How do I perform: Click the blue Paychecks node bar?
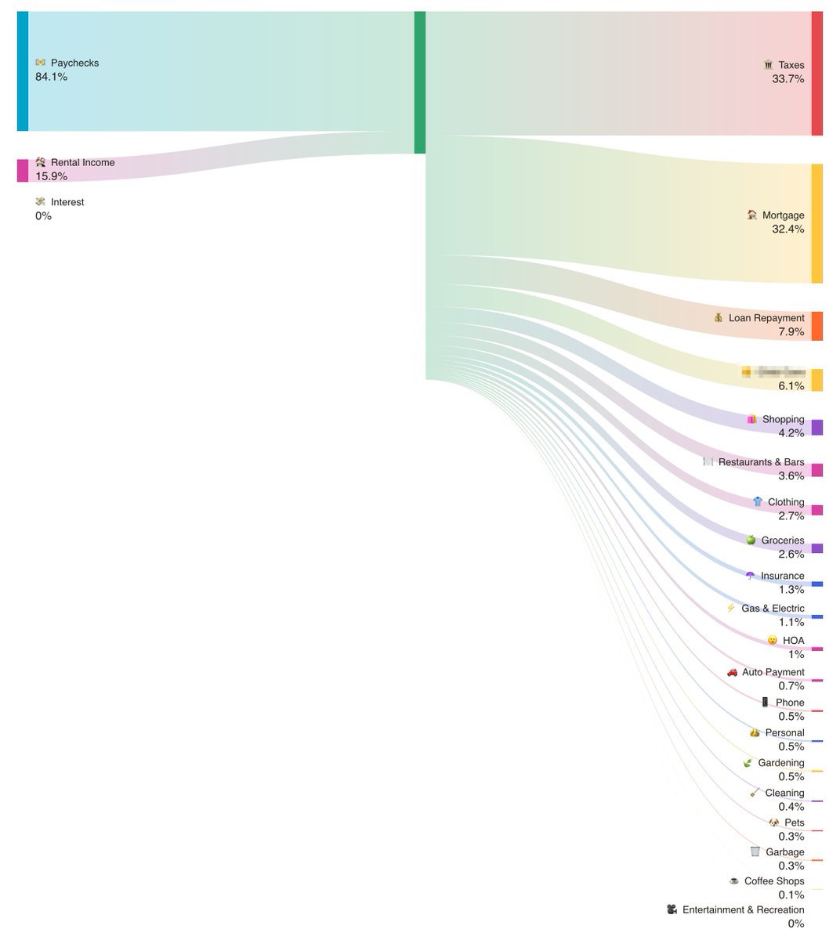click(x=23, y=71)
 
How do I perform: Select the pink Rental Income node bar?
click(x=23, y=170)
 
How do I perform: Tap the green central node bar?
click(x=420, y=82)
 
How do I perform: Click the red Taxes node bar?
click(x=817, y=74)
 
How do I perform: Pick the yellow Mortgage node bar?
click(x=817, y=223)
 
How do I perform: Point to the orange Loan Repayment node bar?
click(x=817, y=326)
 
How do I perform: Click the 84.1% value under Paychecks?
click(x=51, y=77)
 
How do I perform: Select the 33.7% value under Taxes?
click(x=787, y=79)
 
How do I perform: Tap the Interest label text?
click(x=67, y=202)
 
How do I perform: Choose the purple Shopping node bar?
click(x=817, y=427)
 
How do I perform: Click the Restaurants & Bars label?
click(x=761, y=462)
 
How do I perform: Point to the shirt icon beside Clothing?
click(x=757, y=502)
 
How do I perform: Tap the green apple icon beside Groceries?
click(x=751, y=540)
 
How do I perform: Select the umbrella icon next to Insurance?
click(x=750, y=576)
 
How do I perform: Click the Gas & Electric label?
click(x=773, y=609)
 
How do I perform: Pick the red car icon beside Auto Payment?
click(x=732, y=672)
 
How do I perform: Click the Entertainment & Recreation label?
click(x=743, y=910)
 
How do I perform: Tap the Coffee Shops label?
click(x=774, y=881)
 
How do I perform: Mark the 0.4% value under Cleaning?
click(x=791, y=807)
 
